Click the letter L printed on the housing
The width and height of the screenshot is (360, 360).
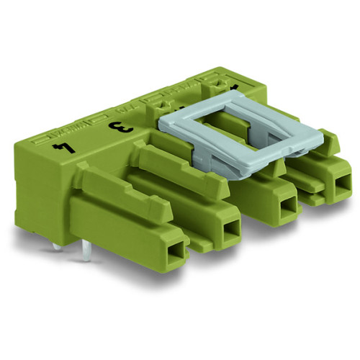pos(63,149)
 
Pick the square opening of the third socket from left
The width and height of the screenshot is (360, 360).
pos(288,206)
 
